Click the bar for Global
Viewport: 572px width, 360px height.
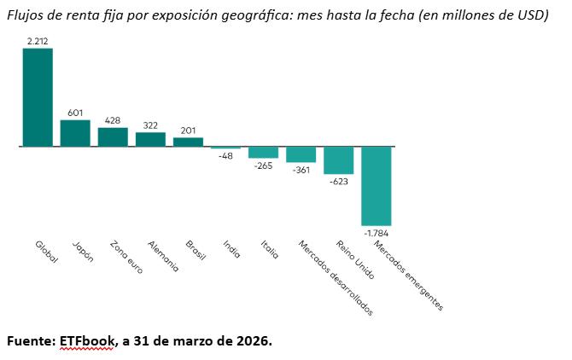[x=38, y=97]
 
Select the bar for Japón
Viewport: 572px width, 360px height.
[x=75, y=133]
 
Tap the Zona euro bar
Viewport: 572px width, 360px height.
[x=113, y=137]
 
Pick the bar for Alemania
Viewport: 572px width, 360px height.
[x=150, y=139]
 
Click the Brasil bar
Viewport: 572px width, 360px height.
[x=188, y=142]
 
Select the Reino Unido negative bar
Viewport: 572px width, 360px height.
[x=338, y=160]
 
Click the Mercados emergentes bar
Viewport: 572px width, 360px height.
[x=376, y=185]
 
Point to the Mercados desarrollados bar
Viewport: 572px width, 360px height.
[x=301, y=154]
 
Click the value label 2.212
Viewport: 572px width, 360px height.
[x=38, y=41]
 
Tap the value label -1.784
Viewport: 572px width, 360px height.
[x=376, y=232]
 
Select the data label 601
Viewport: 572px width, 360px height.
[x=75, y=113]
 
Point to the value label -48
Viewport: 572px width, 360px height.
[x=225, y=156]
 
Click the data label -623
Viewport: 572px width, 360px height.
[x=338, y=181]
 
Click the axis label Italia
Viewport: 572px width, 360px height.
[x=267, y=250]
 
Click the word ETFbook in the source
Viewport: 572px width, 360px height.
[x=86, y=340]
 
